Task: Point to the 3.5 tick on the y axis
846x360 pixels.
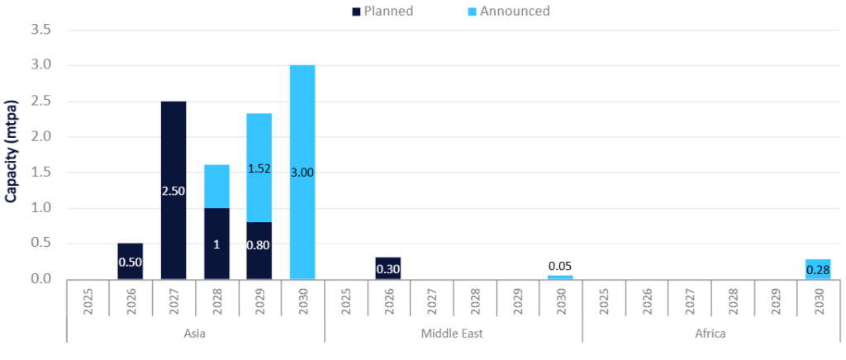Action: click(x=41, y=30)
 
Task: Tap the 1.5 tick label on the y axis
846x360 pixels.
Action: click(x=41, y=173)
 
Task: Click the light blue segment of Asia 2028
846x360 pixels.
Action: click(x=216, y=187)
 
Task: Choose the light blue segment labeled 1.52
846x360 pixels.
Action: click(x=259, y=168)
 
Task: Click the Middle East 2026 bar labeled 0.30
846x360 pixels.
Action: click(x=388, y=268)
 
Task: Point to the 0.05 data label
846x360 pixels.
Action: click(x=560, y=266)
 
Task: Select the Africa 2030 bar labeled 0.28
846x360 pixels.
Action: click(x=818, y=269)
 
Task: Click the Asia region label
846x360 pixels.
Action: click(x=195, y=334)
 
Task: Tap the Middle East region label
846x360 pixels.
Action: click(x=453, y=334)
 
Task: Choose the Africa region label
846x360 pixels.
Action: click(x=711, y=334)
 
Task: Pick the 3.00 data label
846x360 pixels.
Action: click(x=302, y=173)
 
